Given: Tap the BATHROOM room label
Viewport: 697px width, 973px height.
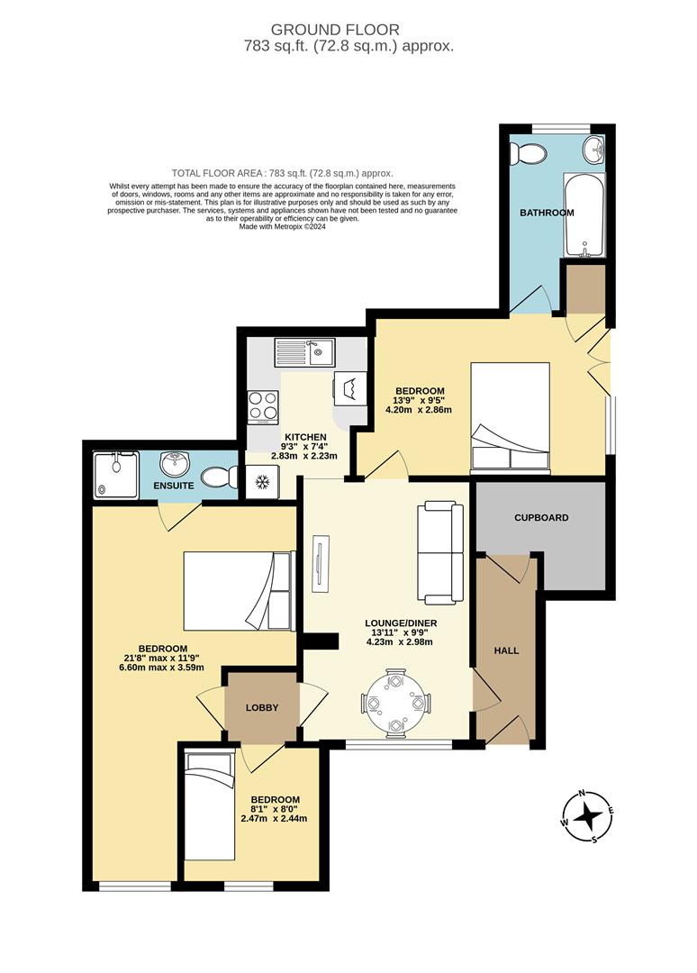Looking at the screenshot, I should tap(547, 213).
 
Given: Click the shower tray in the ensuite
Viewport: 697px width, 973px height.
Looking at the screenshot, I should tap(113, 474).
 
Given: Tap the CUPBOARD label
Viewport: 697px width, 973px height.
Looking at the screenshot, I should tap(540, 518).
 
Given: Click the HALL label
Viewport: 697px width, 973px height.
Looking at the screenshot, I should tap(507, 650).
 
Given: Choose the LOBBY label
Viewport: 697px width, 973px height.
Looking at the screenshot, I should tap(263, 707).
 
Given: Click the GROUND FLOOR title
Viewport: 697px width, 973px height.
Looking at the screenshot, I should tap(348, 31).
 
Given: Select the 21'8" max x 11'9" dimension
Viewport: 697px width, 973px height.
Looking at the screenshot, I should tap(162, 658).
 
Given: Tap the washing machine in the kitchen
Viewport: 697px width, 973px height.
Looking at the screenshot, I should tap(350, 388).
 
